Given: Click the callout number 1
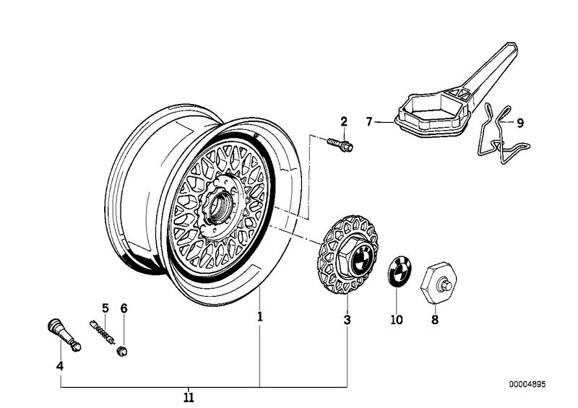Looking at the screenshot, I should click(x=260, y=316).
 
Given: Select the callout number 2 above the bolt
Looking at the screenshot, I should click(x=344, y=121).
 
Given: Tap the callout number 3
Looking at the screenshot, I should click(x=347, y=318).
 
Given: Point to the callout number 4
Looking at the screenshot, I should click(x=60, y=366).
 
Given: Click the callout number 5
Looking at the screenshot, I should click(x=105, y=308).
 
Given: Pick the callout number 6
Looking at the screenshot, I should click(x=124, y=308).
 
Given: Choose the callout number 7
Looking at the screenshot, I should click(x=368, y=123).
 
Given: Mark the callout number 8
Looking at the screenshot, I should click(x=434, y=318).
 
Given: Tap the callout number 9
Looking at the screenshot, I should click(x=520, y=123).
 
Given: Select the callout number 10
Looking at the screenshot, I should click(x=395, y=318).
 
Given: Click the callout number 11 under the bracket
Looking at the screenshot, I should click(x=189, y=397).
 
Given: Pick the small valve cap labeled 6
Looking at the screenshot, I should click(x=124, y=351).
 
